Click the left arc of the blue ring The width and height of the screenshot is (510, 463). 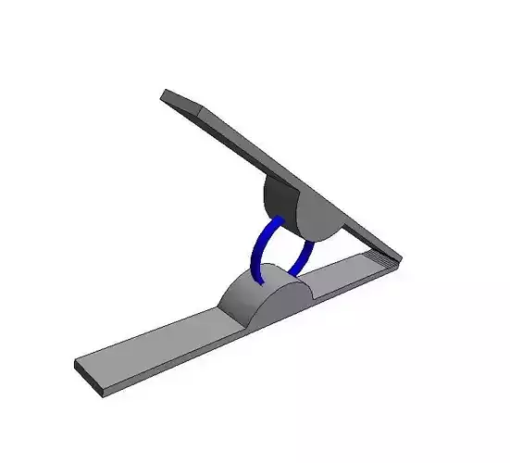pos(261,244)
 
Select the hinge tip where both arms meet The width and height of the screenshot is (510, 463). pos(398,261)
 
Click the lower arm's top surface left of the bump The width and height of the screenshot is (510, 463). pos(157,343)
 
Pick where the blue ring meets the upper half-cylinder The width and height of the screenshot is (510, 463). pos(278,220)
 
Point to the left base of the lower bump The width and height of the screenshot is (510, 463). pos(220,310)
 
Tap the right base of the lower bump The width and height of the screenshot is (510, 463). pos(315,294)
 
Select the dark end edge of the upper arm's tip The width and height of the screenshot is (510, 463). pos(164,94)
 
